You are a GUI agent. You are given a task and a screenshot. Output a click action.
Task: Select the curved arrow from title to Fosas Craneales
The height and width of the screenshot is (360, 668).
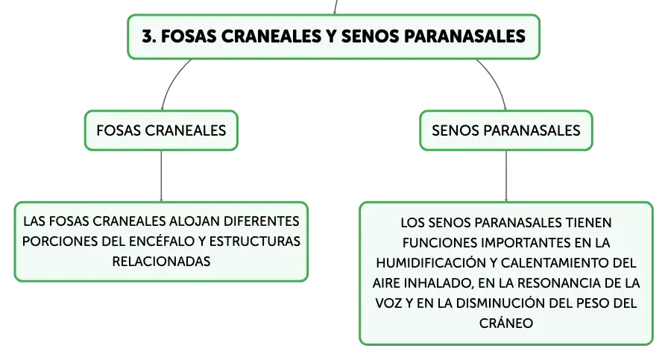[171, 80]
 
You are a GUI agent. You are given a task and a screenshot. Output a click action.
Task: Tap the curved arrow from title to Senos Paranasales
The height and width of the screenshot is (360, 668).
[496, 80]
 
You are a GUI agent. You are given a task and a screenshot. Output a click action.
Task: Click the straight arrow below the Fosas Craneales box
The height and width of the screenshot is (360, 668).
[161, 176]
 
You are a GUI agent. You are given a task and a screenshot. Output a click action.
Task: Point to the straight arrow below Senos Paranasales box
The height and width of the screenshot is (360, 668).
[506, 176]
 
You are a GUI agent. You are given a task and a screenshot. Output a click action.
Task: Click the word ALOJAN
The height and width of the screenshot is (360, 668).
[195, 221]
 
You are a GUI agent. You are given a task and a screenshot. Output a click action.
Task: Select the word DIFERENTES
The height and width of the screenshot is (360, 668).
[261, 221]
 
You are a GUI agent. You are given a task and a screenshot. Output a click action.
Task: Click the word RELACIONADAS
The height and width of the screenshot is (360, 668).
[161, 262]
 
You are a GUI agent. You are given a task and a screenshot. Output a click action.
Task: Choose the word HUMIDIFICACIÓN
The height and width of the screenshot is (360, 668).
[432, 263]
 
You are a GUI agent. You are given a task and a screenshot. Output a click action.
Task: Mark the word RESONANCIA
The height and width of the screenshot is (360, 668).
[564, 283]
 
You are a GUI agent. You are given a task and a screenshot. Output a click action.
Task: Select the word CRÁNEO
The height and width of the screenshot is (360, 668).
[506, 323]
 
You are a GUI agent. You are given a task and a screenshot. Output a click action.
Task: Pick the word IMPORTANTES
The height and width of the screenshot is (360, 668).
[526, 243]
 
